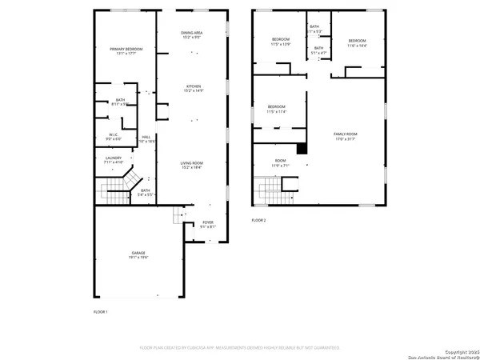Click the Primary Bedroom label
point(126,52)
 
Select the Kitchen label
point(194,89)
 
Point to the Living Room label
point(194,165)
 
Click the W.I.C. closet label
point(114,137)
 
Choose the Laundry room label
point(113,160)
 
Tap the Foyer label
point(207,224)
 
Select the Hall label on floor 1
point(146,138)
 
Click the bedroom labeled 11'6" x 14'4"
point(356,43)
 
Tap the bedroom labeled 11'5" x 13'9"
point(280,43)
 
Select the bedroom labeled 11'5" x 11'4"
point(276,109)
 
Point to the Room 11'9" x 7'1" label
point(280,164)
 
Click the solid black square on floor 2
point(302,148)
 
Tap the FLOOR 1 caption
point(100,310)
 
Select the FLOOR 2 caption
point(258,220)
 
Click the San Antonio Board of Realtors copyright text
point(444,353)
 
